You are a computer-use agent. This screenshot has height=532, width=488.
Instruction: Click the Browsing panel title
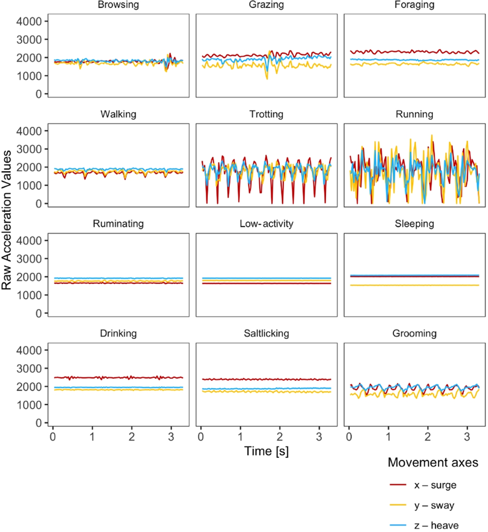coord(118,5)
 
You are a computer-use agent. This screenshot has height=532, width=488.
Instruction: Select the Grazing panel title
coord(266,5)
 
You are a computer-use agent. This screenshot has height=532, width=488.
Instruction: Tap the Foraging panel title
coord(414,5)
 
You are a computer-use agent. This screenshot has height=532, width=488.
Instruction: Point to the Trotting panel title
coord(266,114)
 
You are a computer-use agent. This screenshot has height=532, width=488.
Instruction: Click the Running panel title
coord(414,114)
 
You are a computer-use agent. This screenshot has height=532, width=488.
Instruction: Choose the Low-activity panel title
coord(266,224)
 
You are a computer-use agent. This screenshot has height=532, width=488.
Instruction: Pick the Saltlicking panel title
coord(266,334)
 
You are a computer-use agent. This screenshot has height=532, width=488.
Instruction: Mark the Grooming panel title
coord(414,334)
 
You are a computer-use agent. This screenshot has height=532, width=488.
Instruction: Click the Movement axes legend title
coord(433,463)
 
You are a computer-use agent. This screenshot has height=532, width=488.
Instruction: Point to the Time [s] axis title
coord(266,451)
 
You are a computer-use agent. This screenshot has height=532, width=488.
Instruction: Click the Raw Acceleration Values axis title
coord(7,220)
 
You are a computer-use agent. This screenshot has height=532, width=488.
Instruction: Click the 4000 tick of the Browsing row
coord(29,22)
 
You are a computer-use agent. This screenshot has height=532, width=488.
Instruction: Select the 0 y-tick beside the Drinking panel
coord(39,423)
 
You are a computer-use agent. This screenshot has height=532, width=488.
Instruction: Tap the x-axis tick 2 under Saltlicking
coord(279,437)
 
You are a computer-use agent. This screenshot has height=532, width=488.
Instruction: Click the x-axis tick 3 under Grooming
coord(467,437)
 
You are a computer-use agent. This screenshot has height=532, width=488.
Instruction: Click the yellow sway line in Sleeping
coord(414,285)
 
